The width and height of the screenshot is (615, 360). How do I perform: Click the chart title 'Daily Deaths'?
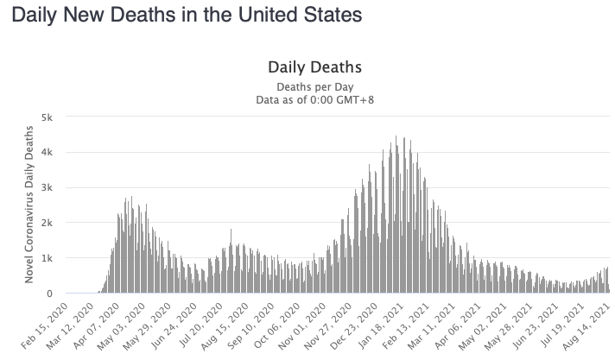[314, 66]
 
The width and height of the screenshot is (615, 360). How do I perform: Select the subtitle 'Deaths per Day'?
[314, 86]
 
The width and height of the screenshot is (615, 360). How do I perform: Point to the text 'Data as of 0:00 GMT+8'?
[314, 99]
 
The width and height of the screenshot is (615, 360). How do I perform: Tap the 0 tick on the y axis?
[50, 294]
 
